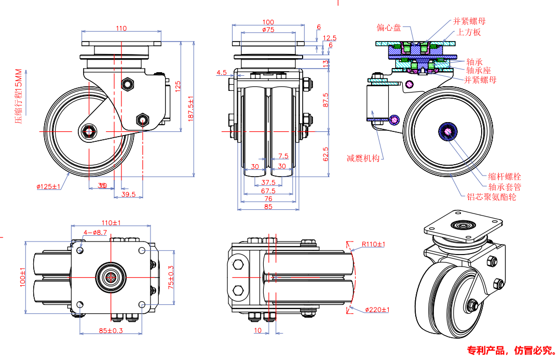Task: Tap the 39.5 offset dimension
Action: pyautogui.click(x=128, y=194)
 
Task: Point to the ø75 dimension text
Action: pyautogui.click(x=268, y=30)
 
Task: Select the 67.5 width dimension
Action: pyautogui.click(x=268, y=191)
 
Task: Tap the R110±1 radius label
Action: pyautogui.click(x=373, y=244)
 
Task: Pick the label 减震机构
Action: pyautogui.click(x=363, y=158)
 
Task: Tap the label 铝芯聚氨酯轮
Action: pyautogui.click(x=490, y=197)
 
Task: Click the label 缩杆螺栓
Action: pyautogui.click(x=505, y=177)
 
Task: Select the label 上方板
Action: pyautogui.click(x=469, y=32)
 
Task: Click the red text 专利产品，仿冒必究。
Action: pyautogui.click(x=511, y=350)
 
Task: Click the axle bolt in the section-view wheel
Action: pyautogui.click(x=448, y=130)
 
